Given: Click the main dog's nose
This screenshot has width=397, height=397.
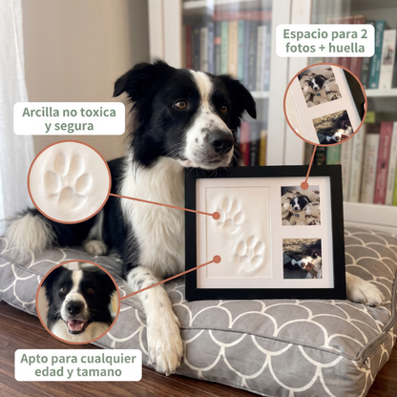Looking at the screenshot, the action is (x=221, y=140).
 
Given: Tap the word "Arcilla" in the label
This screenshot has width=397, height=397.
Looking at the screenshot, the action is (x=39, y=112).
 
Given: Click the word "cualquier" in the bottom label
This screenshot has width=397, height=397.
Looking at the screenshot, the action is (x=108, y=359).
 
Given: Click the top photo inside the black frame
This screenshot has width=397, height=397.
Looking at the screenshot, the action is (x=301, y=206).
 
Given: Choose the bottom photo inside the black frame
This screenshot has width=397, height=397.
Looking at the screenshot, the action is (x=303, y=259).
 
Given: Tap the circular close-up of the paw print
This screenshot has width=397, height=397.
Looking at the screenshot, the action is (x=70, y=182).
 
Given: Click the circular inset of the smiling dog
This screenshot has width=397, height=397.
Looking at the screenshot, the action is (x=78, y=302).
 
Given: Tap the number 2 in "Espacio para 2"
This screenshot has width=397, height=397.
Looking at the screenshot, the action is (x=364, y=33).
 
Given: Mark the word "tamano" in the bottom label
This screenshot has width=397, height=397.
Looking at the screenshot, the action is (x=102, y=371).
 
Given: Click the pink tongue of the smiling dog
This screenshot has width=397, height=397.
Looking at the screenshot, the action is (x=75, y=325).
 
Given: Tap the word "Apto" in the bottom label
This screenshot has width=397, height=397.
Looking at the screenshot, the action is (x=31, y=359).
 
